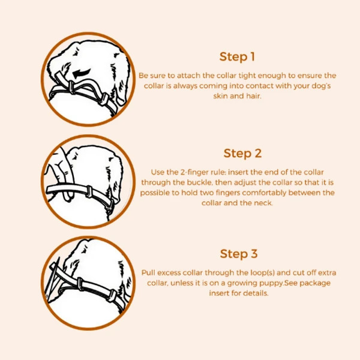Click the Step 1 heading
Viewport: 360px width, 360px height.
pos(237,57)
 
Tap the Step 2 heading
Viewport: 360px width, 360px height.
pos(242,154)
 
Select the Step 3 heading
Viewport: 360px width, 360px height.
pos(239,254)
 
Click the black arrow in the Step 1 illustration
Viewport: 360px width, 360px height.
pos(82,73)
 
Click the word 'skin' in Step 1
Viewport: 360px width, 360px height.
pos(220,96)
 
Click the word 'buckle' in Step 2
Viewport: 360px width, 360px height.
pos(199,182)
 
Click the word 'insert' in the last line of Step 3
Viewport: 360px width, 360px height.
pos(220,293)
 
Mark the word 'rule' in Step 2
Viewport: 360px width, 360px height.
pos(221,172)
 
